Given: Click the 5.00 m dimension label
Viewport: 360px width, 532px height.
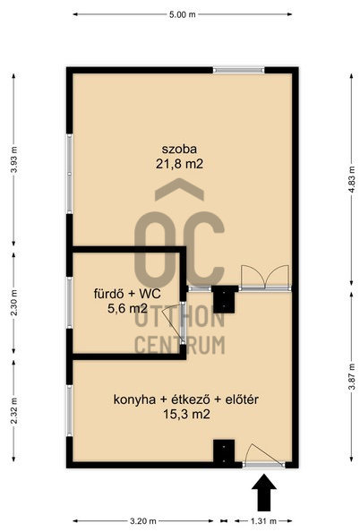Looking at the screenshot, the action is tap(182, 14).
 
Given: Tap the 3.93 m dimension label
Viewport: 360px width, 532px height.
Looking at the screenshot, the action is tap(14, 159).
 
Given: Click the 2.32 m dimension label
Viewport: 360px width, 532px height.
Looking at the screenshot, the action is tap(14, 411).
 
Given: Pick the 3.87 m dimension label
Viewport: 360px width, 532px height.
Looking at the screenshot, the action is tap(352, 376).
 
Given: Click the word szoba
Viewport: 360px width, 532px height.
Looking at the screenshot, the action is tap(179, 149).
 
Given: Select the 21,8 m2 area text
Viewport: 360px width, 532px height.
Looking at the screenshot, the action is tap(179, 164).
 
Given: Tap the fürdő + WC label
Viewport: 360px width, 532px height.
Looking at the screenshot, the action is tap(127, 294).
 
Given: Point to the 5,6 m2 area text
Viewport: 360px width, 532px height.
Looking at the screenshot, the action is tap(127, 308).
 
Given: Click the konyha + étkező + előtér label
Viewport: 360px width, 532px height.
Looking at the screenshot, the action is tap(186, 399).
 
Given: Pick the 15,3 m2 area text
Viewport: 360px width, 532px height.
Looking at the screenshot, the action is tap(186, 415).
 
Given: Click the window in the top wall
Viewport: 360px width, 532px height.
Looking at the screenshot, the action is tap(238, 70).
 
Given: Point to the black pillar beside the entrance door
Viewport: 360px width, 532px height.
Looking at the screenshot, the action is tap(224, 451).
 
